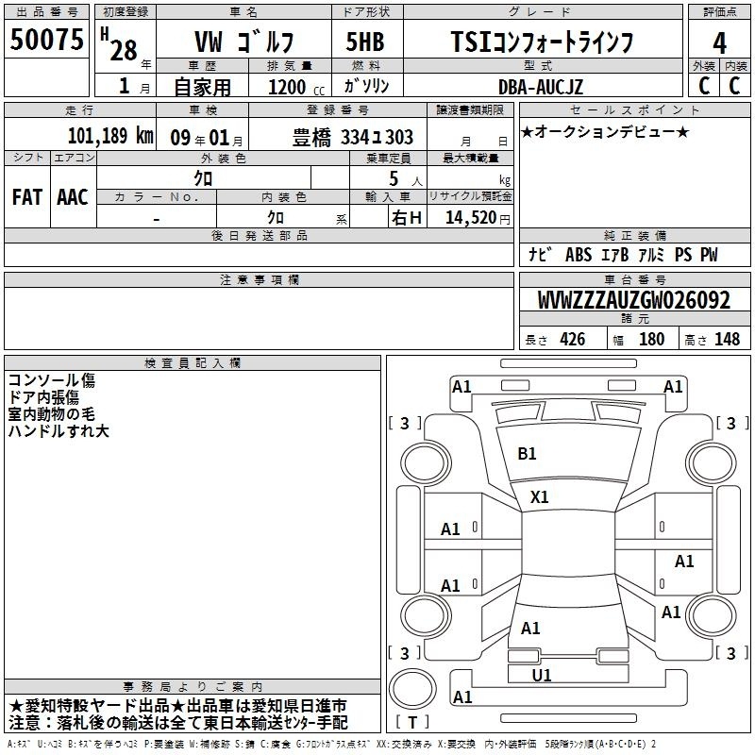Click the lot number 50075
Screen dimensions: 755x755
46,40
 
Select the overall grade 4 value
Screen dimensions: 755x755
719,43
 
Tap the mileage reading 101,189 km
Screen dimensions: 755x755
110,136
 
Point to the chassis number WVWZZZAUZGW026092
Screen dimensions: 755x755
633,300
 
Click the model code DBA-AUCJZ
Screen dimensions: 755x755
540,87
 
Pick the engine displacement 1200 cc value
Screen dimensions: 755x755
296,88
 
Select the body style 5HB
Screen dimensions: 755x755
365,42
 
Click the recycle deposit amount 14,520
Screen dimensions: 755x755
471,218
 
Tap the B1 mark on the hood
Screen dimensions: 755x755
527,454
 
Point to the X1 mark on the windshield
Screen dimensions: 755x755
539,497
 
